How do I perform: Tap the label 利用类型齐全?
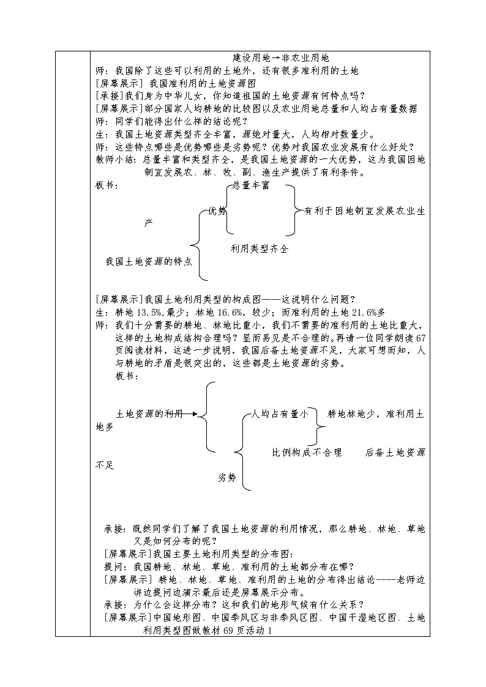coord(259,249)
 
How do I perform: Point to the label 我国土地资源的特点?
coord(149,261)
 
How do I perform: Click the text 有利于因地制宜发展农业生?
coord(364,211)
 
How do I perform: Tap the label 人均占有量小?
coord(280,414)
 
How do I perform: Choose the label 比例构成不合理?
coord(307,453)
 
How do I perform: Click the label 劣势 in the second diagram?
coord(226,478)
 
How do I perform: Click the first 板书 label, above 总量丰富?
coord(108,185)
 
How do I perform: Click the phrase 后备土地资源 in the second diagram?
coord(395,453)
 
